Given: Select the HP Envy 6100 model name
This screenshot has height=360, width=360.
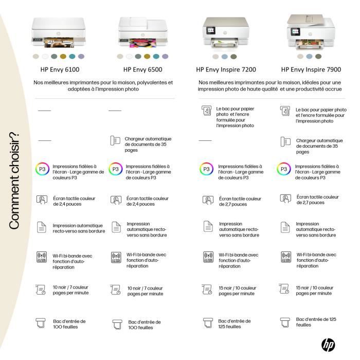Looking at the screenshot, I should (60, 69).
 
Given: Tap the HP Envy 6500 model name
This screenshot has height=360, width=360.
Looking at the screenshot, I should (142, 69).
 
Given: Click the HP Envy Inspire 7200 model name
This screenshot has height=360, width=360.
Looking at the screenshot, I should (226, 69).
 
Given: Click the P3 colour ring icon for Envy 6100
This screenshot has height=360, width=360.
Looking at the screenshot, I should (42, 169).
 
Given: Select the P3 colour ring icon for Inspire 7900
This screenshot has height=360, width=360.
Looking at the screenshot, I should (284, 169).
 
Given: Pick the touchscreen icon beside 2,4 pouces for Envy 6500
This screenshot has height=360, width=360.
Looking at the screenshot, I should (116, 200).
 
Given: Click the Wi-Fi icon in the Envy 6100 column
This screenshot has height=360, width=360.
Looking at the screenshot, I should (42, 258).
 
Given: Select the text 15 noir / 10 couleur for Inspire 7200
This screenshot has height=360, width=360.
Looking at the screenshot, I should (237, 290).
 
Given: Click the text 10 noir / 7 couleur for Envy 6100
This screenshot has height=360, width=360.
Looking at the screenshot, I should (70, 290).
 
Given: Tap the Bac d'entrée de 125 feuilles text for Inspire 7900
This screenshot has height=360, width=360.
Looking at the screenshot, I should (316, 322).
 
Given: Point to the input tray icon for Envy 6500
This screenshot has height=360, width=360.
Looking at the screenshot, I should (117, 325).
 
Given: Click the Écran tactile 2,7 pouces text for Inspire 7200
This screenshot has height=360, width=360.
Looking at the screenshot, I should (240, 202).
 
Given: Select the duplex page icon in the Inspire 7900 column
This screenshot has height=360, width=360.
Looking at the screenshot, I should (285, 227).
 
